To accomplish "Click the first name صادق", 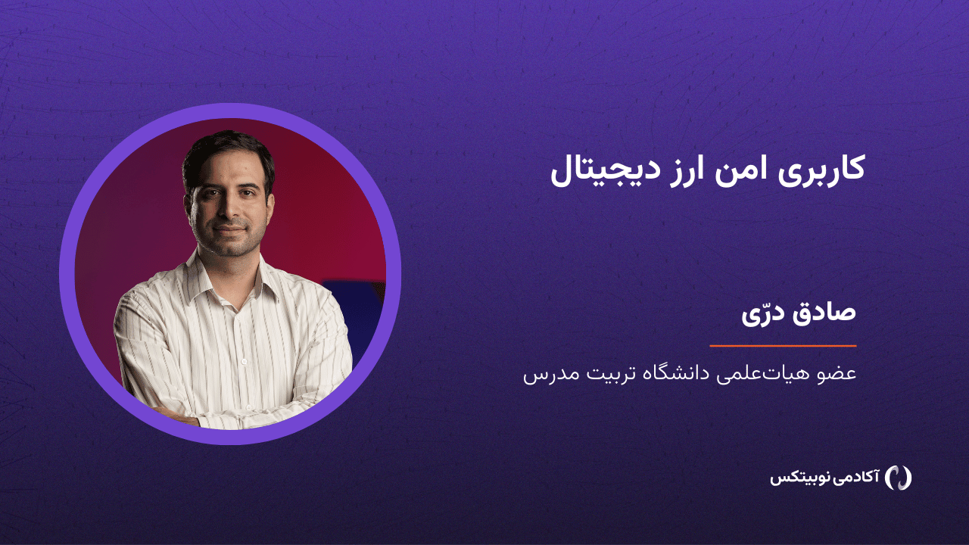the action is [x=818, y=313].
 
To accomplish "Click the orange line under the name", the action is [x=783, y=346].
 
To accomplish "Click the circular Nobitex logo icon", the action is [x=898, y=478].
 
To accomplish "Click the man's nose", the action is [x=229, y=207].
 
